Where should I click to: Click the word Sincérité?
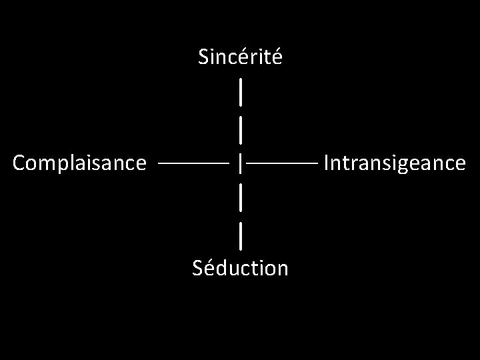pyautogui.click(x=240, y=57)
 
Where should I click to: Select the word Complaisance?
pyautogui.click(x=79, y=163)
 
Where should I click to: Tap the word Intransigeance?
pyautogui.click(x=394, y=163)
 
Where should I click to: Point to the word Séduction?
pyautogui.click(x=240, y=268)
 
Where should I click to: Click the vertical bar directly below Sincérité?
pyautogui.click(x=240, y=91)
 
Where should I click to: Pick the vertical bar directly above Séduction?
pyautogui.click(x=240, y=234)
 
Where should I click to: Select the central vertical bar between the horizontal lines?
pyautogui.click(x=241, y=162)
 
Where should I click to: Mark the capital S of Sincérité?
pyautogui.click(x=203, y=58)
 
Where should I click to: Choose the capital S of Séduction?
pyautogui.click(x=197, y=268)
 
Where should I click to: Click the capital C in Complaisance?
pyautogui.click(x=19, y=163)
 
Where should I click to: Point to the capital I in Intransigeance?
pyautogui.click(x=326, y=163)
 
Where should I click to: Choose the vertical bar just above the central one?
pyautogui.click(x=240, y=127)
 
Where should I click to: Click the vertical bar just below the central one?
pyautogui.click(x=240, y=198)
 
